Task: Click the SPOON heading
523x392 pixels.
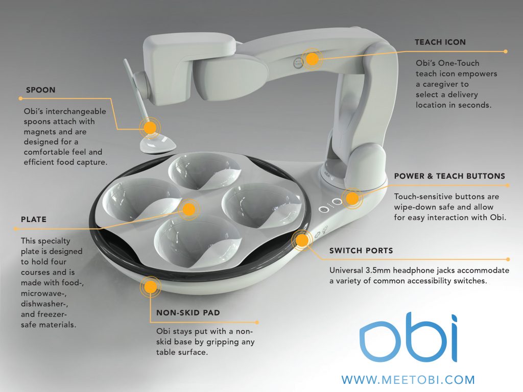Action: (41, 90)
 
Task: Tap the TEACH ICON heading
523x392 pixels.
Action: (440, 42)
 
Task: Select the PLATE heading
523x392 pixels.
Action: (34, 219)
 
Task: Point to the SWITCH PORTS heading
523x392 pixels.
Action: (360, 251)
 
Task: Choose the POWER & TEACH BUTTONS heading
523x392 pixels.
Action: (449, 176)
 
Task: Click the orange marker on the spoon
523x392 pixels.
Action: (150, 127)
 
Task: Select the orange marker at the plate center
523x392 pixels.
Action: (189, 209)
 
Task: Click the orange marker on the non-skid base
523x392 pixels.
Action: (150, 286)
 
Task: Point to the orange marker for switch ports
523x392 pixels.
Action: (301, 240)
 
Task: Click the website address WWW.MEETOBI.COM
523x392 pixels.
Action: (408, 380)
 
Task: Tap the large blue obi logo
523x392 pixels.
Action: (408, 340)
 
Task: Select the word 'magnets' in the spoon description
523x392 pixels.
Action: (42, 132)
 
